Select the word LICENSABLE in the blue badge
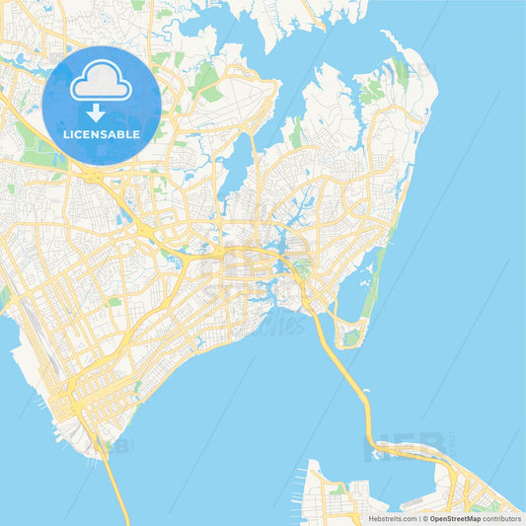pos(101,133)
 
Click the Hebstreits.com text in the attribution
pos(391,517)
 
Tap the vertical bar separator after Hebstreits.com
pos(419,517)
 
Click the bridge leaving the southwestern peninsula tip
pos(114,484)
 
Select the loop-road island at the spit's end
pos(350,336)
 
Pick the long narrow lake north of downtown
pos(237,163)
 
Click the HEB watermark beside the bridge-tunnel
pos(390,449)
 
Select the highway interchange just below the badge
pos(94,176)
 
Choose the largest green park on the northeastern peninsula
pos(371,94)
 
